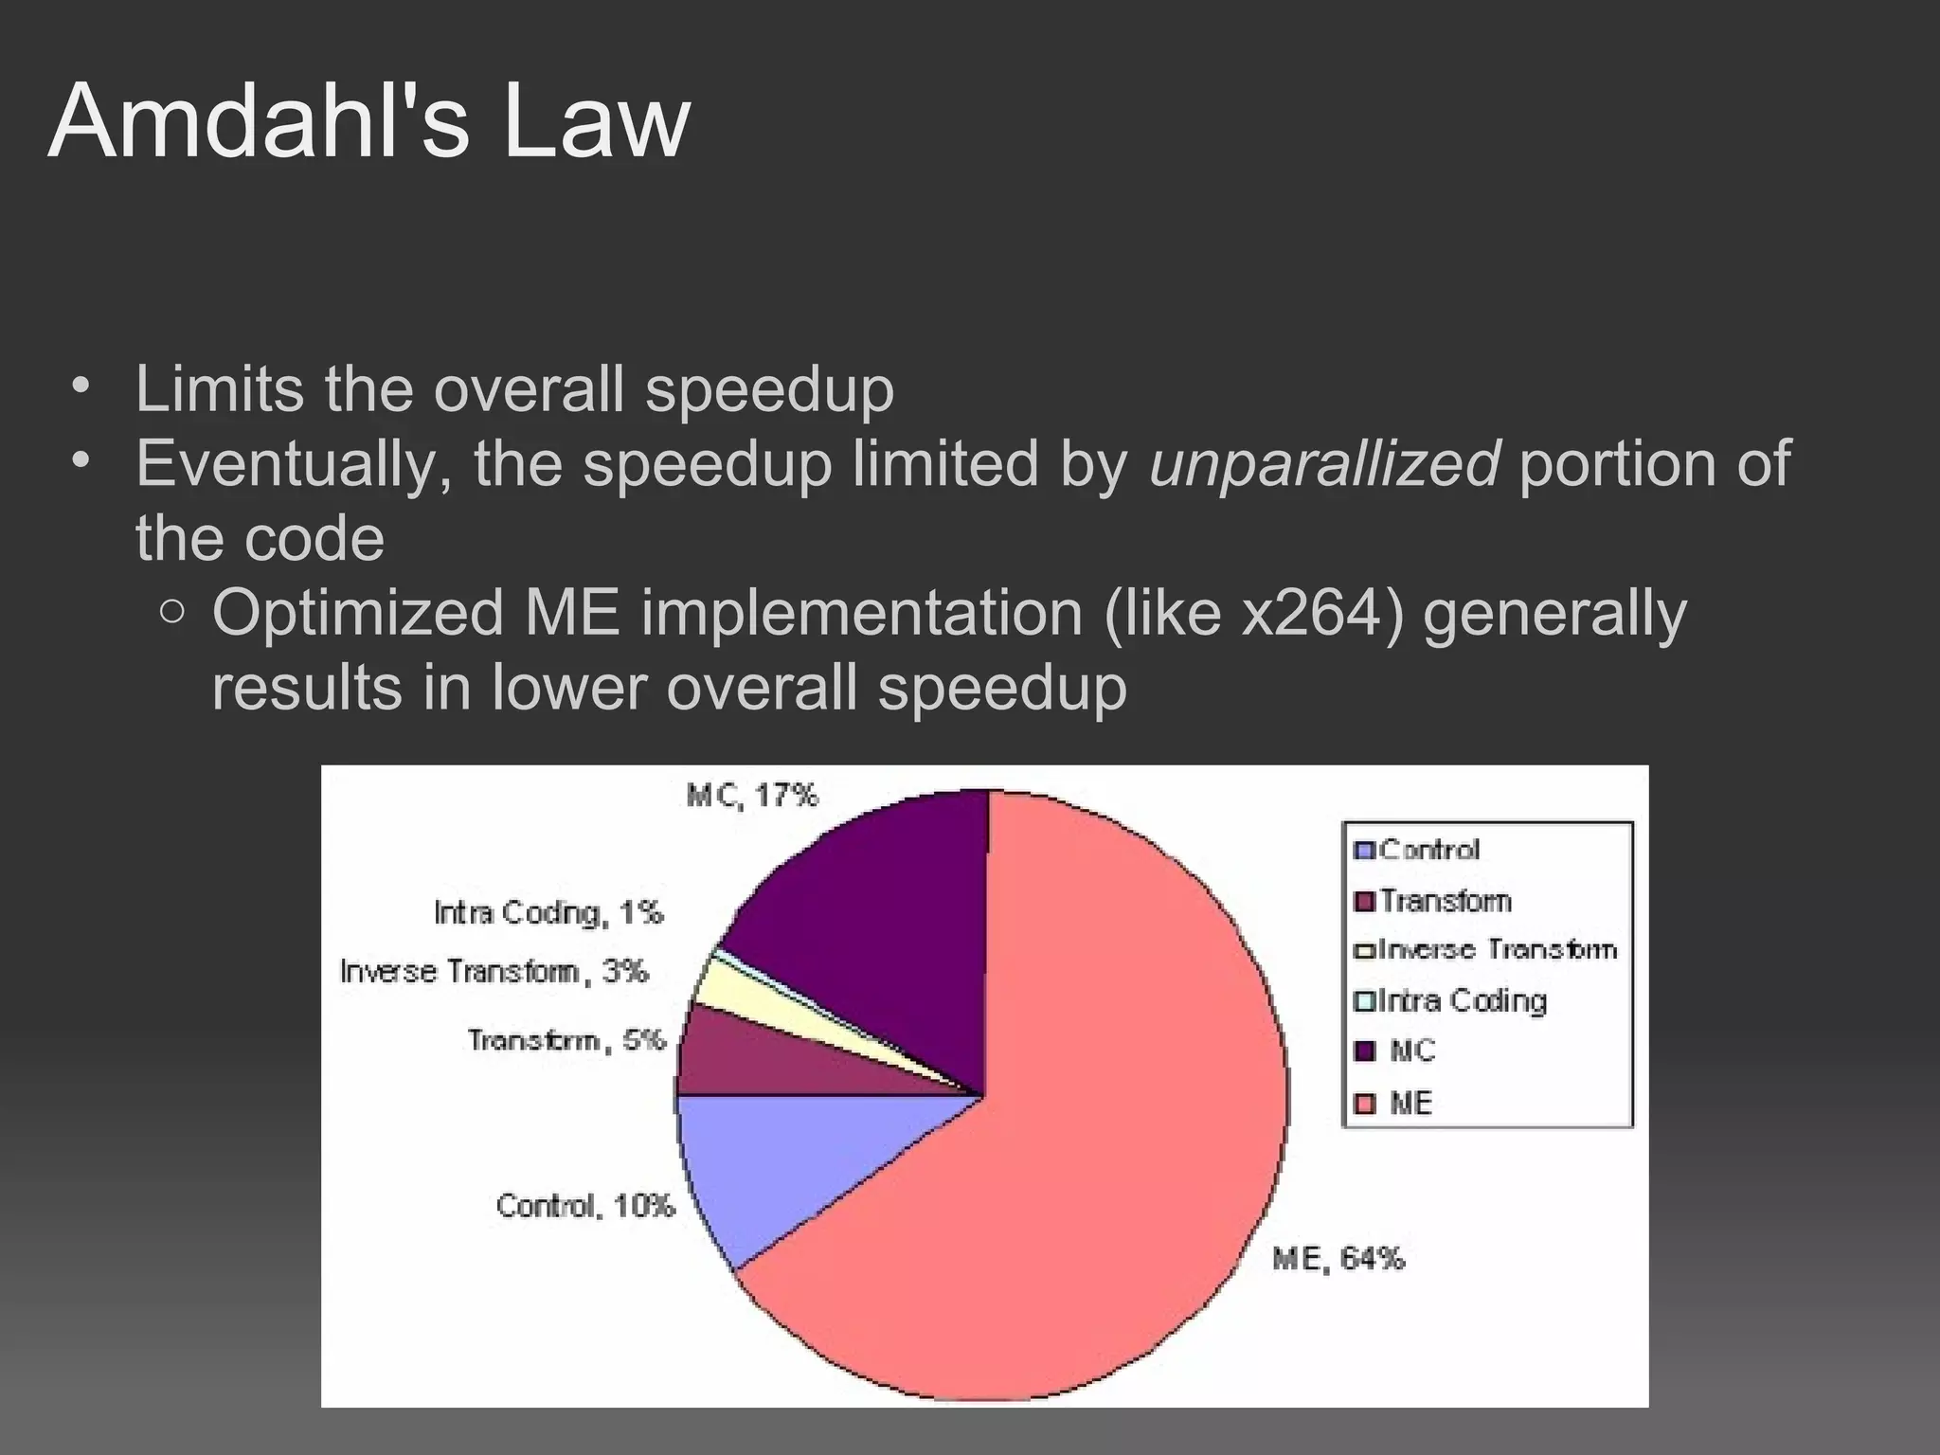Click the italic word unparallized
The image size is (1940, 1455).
point(1323,463)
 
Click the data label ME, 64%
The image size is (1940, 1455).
point(1338,1259)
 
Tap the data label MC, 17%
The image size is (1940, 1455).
point(752,796)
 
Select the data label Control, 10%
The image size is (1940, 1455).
point(585,1206)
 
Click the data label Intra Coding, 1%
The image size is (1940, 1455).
point(548,912)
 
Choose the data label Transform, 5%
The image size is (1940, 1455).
point(566,1040)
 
